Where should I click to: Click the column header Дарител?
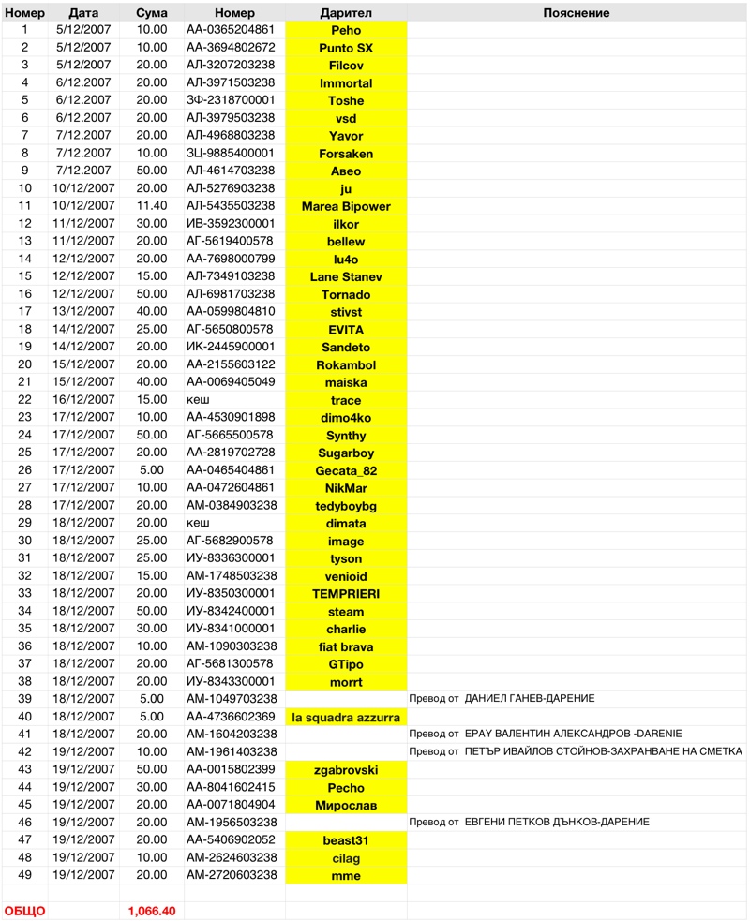346,13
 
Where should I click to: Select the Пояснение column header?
576,13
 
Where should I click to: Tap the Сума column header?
152,13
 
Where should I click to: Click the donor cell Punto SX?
346,48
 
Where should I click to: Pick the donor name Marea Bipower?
346,206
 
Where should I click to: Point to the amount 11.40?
152,206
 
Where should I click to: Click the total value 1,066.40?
152,911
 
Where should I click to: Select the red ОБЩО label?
25,911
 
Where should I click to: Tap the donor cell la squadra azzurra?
346,717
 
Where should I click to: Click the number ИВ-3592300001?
231,224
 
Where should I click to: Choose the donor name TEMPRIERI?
346,594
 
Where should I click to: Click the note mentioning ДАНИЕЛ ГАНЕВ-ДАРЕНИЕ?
502,700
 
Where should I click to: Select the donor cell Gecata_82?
346,470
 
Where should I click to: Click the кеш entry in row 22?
198,400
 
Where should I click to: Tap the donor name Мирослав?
346,805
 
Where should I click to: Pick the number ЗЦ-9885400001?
231,154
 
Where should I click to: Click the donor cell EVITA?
346,330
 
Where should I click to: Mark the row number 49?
25,875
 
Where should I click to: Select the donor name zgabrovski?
346,770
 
